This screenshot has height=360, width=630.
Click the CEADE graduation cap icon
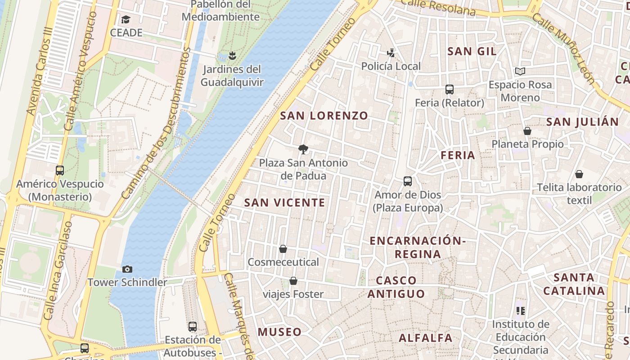click(x=126, y=20)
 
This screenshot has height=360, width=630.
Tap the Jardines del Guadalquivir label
click(x=232, y=76)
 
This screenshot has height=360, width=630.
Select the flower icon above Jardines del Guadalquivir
click(x=232, y=56)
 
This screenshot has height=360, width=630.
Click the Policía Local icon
click(x=391, y=53)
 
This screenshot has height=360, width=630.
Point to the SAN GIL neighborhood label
click(x=472, y=51)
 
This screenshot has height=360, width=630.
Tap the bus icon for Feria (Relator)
click(x=449, y=90)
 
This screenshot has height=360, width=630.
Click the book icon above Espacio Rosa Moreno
click(x=520, y=71)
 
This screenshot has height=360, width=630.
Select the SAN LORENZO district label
click(x=324, y=116)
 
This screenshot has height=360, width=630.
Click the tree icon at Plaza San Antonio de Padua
click(x=303, y=149)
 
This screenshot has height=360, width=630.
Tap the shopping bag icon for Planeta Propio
click(x=527, y=131)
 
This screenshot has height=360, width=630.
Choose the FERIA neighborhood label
click(x=458, y=155)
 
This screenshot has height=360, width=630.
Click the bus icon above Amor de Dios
click(x=408, y=181)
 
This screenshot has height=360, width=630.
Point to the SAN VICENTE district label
click(x=284, y=202)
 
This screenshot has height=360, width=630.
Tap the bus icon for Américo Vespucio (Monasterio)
click(x=60, y=171)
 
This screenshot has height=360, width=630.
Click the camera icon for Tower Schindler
click(x=127, y=269)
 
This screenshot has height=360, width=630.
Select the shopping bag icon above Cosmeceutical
click(x=283, y=249)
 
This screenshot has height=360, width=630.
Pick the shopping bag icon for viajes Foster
click(x=293, y=281)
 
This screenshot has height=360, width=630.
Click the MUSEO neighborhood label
click(x=279, y=332)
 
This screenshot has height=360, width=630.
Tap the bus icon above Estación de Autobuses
click(x=193, y=326)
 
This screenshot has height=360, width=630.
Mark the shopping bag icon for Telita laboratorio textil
click(x=579, y=174)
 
